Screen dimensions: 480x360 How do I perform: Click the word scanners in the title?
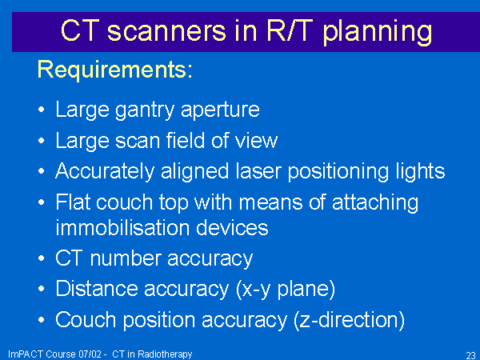pos(166,30)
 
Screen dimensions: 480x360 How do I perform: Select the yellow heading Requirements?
pos(115,70)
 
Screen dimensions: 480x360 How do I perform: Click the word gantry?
pos(145,110)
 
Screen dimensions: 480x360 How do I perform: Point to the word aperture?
pos(221,110)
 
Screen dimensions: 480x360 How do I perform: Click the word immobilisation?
pos(122,227)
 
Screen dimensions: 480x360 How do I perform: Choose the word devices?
pos(232,227)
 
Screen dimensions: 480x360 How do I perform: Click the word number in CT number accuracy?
pos(126,258)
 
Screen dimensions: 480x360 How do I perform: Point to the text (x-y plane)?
pos(286,290)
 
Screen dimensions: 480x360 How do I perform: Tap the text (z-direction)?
pos(349,321)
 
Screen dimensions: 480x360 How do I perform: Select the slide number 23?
pos(471,355)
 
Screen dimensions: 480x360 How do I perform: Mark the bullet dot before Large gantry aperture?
pos(42,110)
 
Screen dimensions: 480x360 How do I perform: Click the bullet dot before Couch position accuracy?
pos(42,320)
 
